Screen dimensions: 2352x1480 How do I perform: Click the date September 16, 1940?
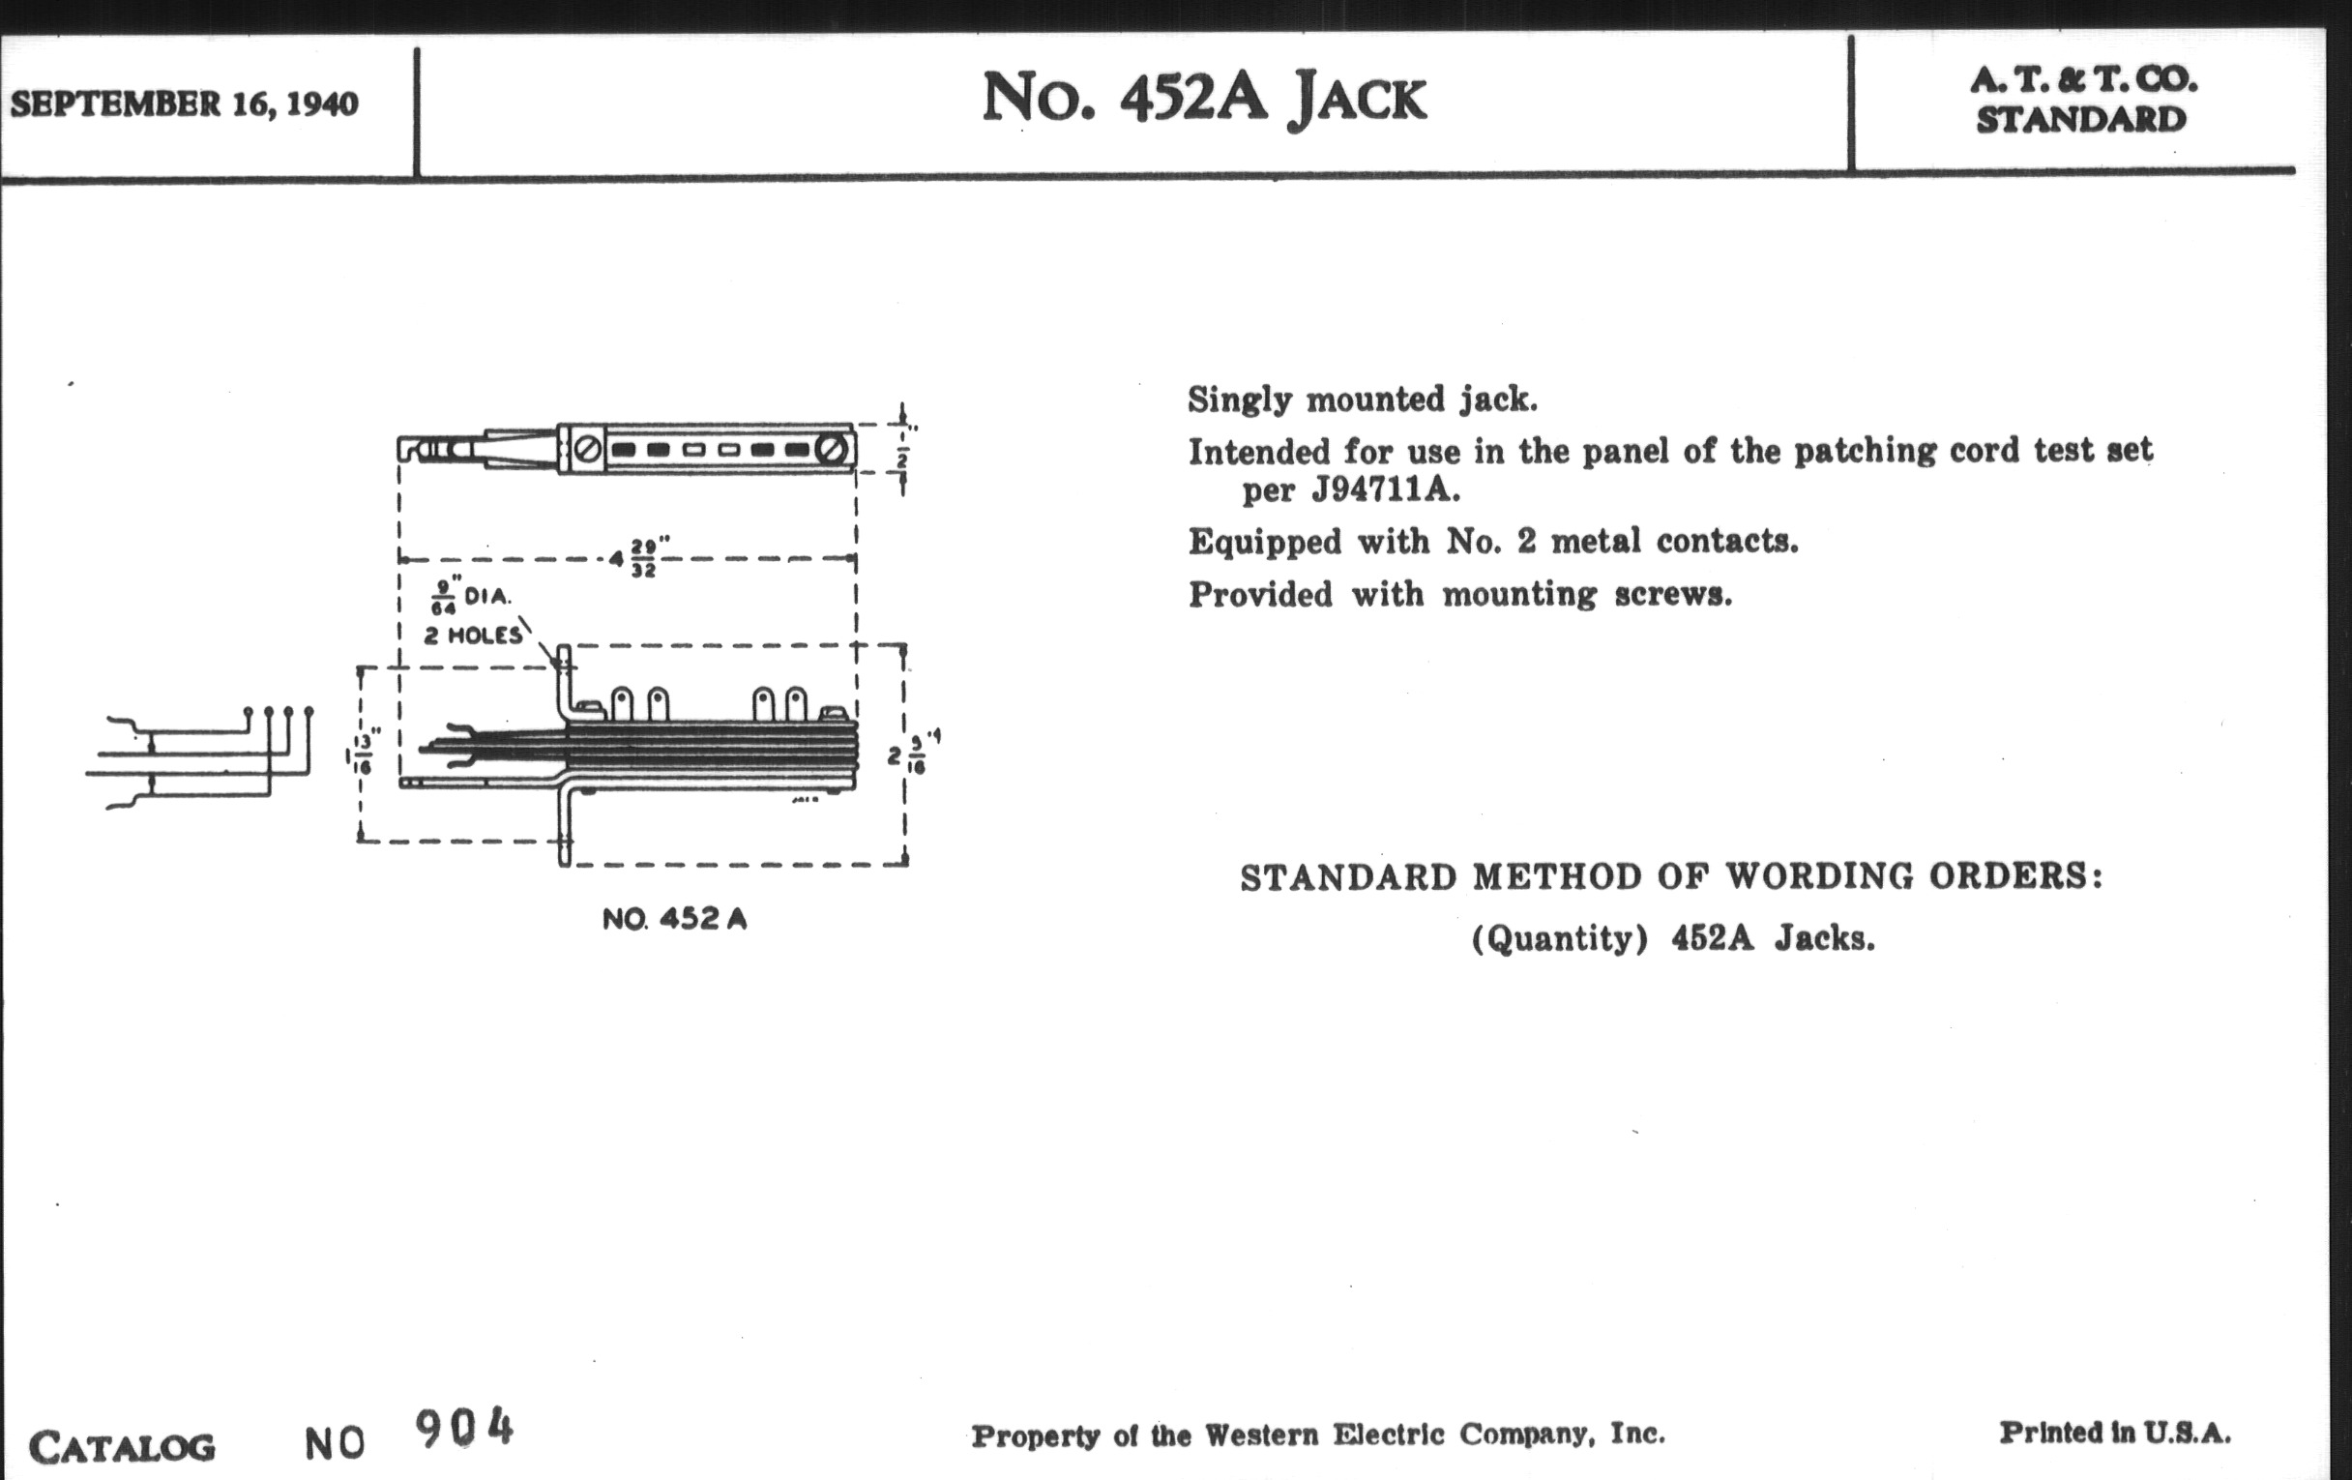coord(185,104)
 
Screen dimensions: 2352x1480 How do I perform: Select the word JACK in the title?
coord(1358,100)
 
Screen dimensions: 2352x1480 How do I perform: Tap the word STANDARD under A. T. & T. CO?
coord(2081,119)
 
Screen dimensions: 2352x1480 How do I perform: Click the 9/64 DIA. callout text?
coord(471,597)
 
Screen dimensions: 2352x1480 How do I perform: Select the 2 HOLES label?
coord(473,636)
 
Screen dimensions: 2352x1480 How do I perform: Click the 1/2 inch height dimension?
coord(903,456)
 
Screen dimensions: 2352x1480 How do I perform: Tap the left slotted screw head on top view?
coord(588,450)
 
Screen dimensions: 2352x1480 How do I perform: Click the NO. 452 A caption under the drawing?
coord(675,919)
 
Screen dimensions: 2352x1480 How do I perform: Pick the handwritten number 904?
coord(464,1428)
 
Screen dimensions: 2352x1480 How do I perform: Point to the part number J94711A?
coord(1386,489)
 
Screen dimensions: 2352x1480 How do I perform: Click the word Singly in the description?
coord(1240,400)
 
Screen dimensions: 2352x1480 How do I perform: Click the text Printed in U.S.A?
coord(2116,1434)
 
